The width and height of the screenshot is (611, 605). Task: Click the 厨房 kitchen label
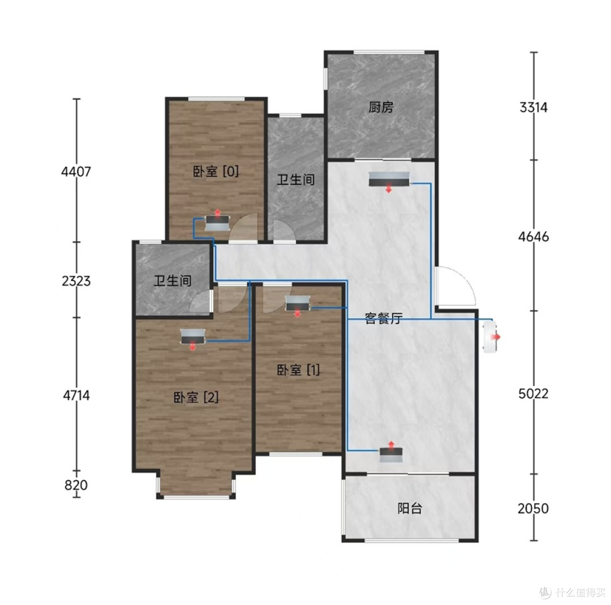381,107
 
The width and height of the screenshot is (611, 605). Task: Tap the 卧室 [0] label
216,171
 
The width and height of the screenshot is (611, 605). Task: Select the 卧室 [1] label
299,370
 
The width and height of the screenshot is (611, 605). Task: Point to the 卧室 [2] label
196,397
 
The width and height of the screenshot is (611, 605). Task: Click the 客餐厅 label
384,318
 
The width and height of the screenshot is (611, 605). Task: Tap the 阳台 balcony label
410,508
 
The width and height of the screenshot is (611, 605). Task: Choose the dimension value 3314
533,107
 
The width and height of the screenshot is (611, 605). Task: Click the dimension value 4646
533,236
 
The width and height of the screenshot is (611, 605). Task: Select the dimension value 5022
533,394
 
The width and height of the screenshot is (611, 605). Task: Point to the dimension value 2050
533,508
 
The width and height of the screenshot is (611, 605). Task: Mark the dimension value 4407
76,171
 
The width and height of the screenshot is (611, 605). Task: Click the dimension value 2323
76,280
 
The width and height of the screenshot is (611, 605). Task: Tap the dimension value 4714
76,395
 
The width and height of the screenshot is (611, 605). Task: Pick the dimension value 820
76,485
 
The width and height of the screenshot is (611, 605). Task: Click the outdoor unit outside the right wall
491,336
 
